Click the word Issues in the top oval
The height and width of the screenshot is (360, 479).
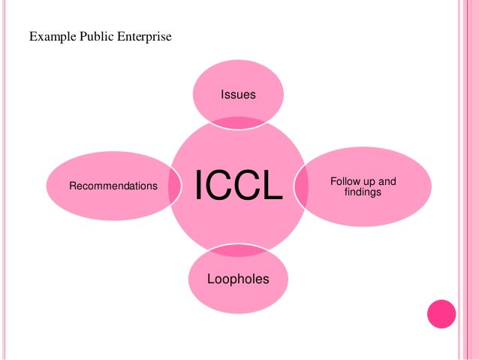[238, 95]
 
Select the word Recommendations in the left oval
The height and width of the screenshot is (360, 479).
[113, 185]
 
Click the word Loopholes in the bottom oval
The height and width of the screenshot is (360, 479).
[237, 280]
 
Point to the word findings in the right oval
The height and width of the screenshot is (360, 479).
[363, 192]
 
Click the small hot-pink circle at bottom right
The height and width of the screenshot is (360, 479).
[441, 313]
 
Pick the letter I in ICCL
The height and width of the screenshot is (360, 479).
[200, 186]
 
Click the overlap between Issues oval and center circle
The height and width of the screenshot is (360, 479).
[237, 123]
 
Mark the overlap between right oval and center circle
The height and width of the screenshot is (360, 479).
[300, 186]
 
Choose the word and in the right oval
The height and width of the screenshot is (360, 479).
[386, 182]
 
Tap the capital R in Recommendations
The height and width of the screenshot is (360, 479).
[72, 185]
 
